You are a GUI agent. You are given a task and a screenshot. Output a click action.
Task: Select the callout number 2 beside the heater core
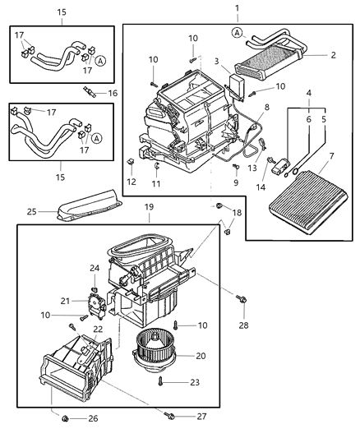pos(333,56)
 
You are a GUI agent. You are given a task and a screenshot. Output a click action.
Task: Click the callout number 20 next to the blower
pos(200,356)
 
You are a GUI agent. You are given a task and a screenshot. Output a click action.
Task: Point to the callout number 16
pos(113,94)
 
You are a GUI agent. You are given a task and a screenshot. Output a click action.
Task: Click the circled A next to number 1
pos(237,32)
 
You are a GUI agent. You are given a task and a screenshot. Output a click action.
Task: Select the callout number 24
pos(95,267)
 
